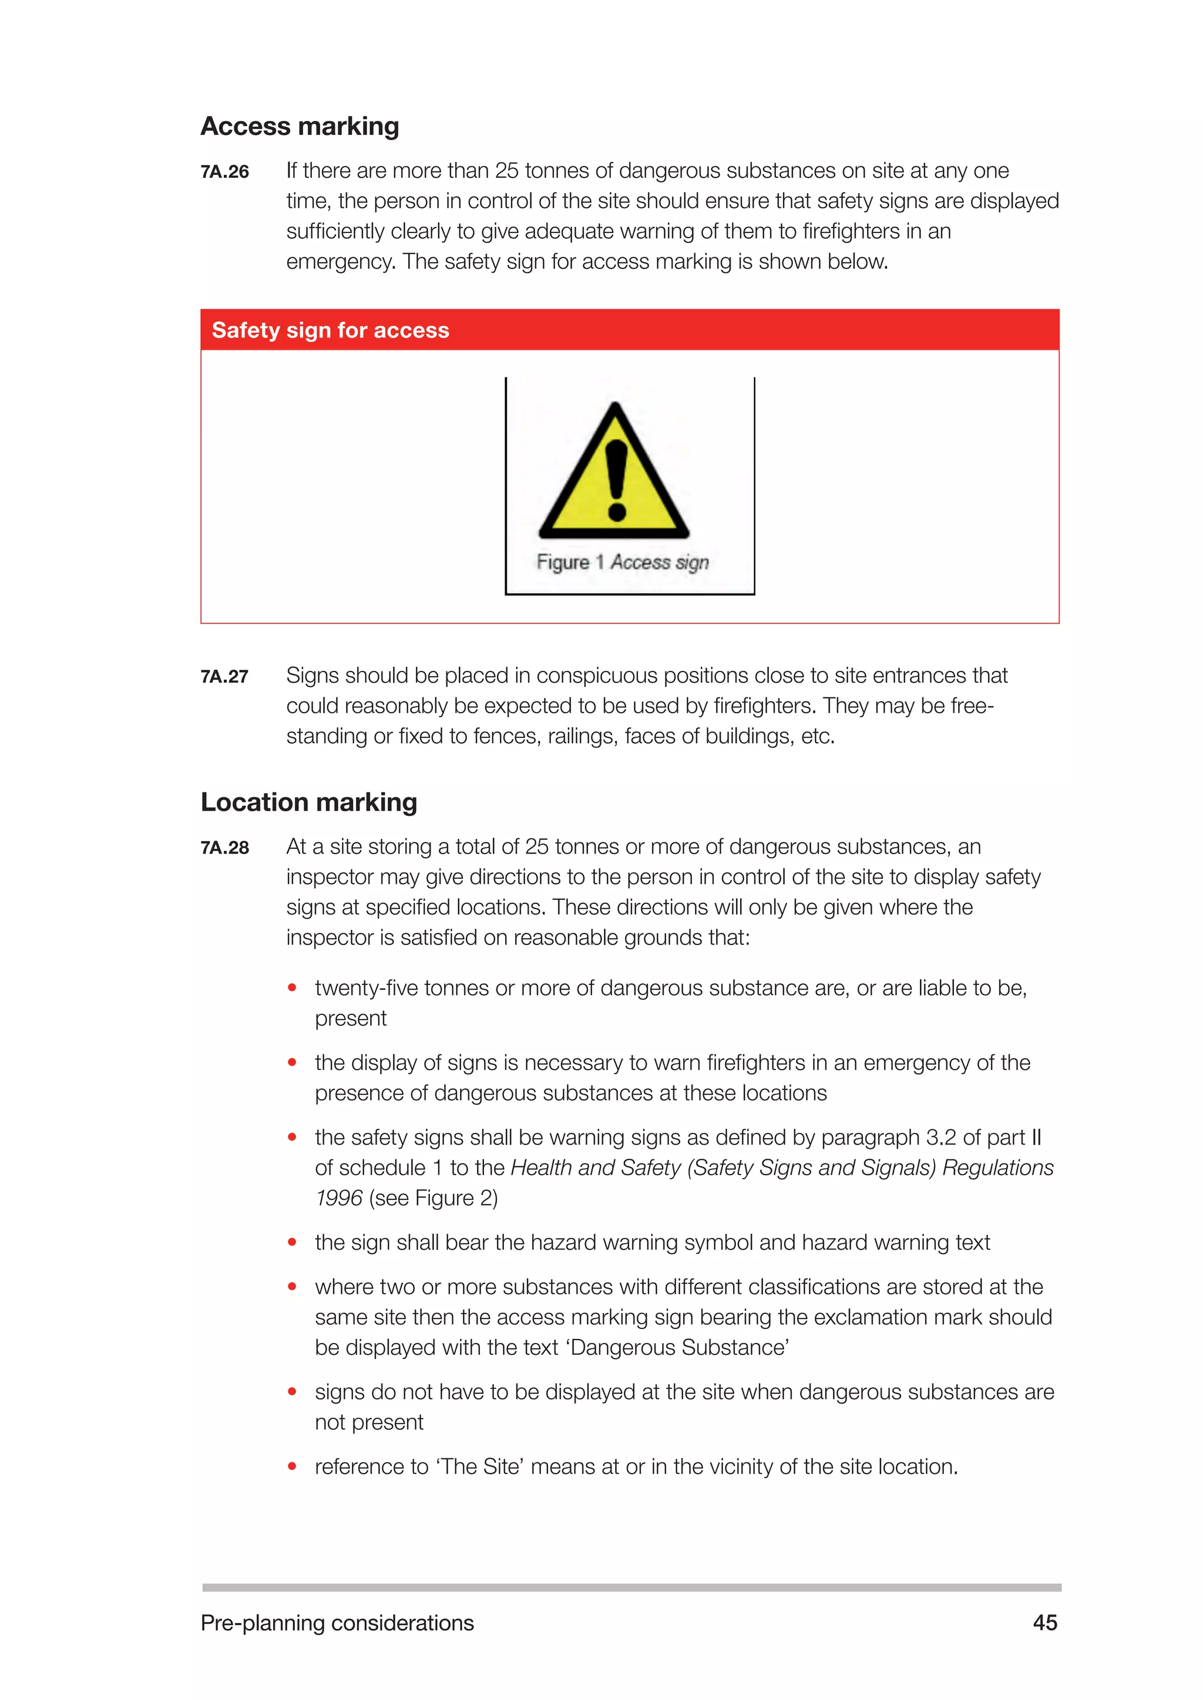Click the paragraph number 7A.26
click(224, 172)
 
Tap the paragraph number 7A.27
click(224, 677)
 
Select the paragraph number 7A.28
click(224, 848)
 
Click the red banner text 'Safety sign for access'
click(330, 330)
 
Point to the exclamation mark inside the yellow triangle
click(616, 480)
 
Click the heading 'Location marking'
click(309, 802)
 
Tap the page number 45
click(1044, 1623)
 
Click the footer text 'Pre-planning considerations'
click(337, 1623)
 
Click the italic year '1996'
click(338, 1198)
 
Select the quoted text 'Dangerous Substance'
click(679, 1348)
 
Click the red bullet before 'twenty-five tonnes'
click(293, 988)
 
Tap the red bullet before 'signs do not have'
click(293, 1392)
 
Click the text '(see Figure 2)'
click(434, 1198)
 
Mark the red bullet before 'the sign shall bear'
click(293, 1243)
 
